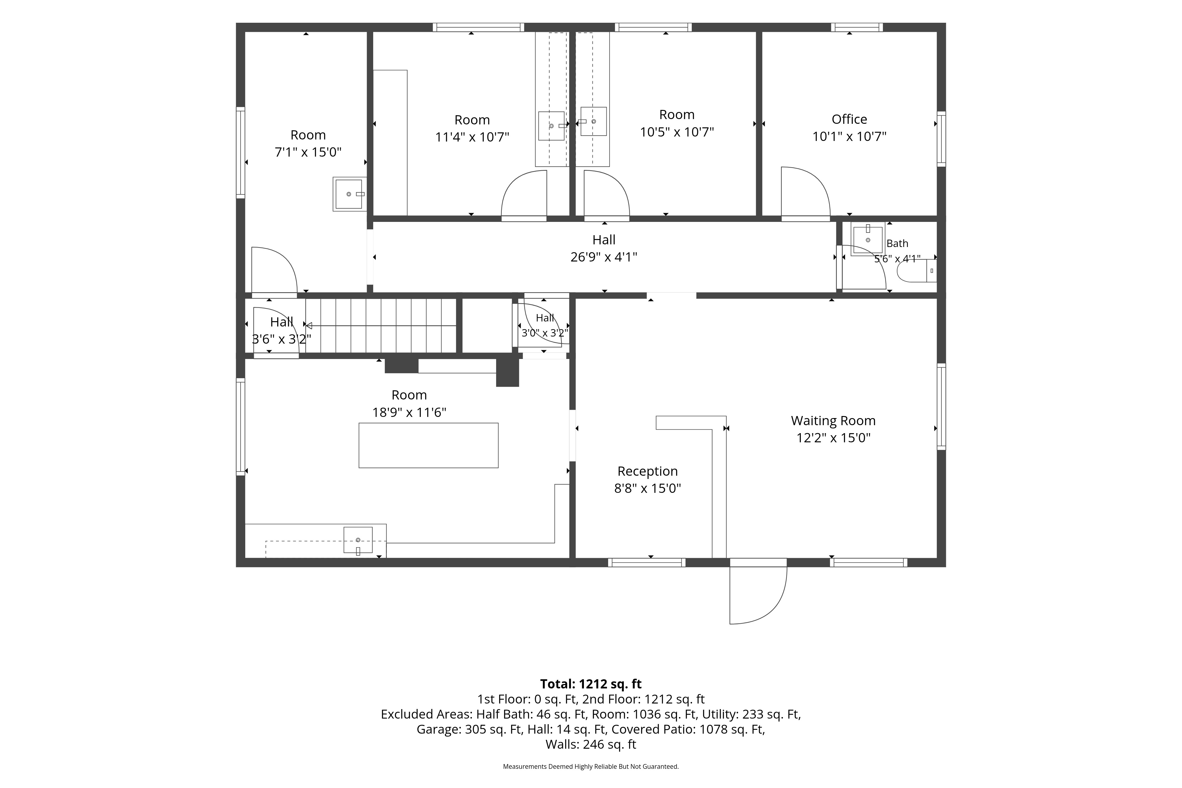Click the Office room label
click(x=849, y=120)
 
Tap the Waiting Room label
click(x=833, y=421)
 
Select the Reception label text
click(x=647, y=471)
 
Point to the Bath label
click(x=897, y=244)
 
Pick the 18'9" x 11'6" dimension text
click(x=409, y=412)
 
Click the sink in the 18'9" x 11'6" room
click(x=358, y=540)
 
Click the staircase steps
click(x=381, y=326)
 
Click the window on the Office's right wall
click(x=941, y=139)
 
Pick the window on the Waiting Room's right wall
click(x=941, y=407)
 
